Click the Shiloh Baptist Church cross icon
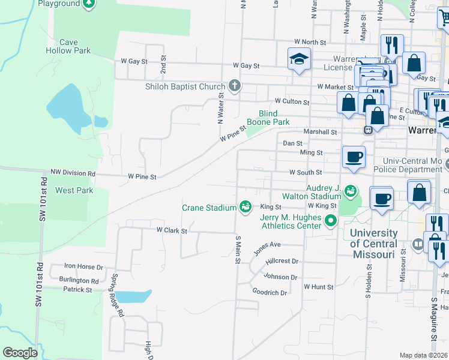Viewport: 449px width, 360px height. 234,86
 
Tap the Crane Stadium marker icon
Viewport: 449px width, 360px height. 245,207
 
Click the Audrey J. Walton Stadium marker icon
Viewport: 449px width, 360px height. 350,191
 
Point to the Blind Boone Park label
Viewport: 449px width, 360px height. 274,118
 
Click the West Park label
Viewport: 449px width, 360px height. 74,190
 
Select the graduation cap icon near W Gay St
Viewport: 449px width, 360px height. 298,59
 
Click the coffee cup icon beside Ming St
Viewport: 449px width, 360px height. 354,157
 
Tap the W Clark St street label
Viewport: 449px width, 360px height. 172,230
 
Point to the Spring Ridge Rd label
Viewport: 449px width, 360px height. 116,295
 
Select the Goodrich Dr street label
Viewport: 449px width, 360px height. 270,292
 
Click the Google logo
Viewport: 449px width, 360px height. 20,353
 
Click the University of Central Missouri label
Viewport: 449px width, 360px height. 373,244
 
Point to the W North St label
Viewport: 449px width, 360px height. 310,43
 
